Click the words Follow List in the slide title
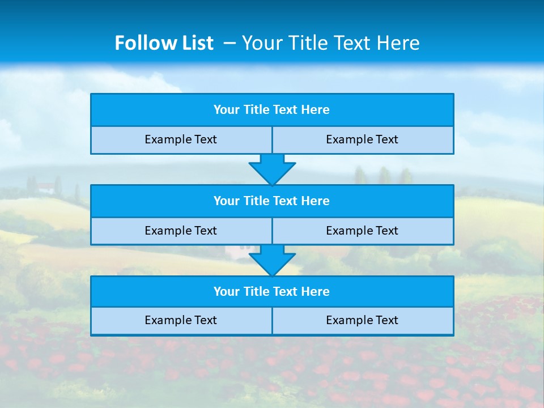pyautogui.click(x=164, y=43)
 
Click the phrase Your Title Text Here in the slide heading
pyautogui.click(x=330, y=43)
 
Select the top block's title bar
pyautogui.click(x=272, y=110)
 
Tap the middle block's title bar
pyautogui.click(x=272, y=201)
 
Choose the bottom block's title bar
pyautogui.click(x=272, y=292)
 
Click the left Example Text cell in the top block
pyautogui.click(x=181, y=140)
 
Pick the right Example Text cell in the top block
pyautogui.click(x=362, y=140)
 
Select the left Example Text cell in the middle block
pyautogui.click(x=181, y=231)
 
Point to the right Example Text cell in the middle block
pyautogui.click(x=362, y=231)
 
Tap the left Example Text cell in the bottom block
pyautogui.click(x=181, y=321)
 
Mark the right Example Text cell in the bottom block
pyautogui.click(x=362, y=321)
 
